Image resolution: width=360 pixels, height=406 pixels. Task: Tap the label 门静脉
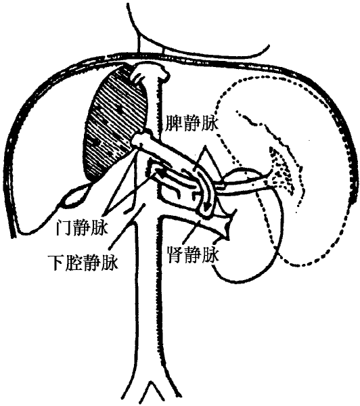point(82,227)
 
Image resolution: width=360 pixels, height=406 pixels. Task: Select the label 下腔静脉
point(83,262)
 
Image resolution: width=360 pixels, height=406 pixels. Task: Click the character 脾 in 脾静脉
point(173,123)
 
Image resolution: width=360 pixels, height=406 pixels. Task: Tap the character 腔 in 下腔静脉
point(74,262)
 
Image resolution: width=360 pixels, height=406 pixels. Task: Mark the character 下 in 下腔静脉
point(55,262)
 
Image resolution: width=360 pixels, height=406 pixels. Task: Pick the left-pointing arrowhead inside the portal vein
point(158,172)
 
